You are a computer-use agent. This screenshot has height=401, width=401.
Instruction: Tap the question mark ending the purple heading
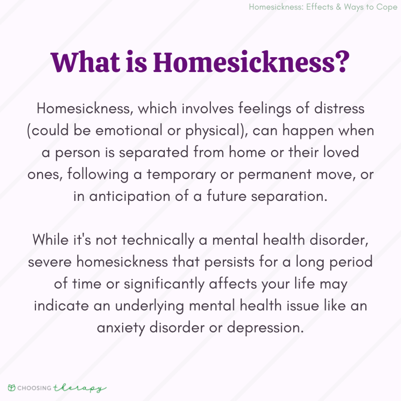[341, 61]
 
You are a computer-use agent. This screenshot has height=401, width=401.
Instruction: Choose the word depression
[265, 327]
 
